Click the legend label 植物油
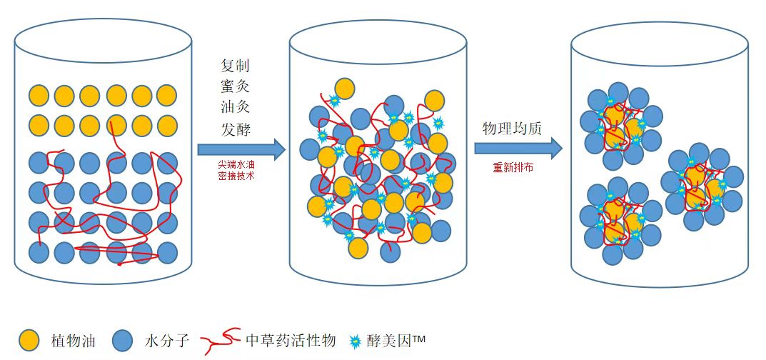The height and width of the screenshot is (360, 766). pos(73,340)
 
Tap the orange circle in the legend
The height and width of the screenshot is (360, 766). pos(29,340)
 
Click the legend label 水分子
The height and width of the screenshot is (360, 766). pos(166,340)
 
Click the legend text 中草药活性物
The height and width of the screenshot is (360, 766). pos(291,339)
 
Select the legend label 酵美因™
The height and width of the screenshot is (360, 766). pos(396,340)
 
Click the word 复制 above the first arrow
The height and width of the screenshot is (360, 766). pos(235,66)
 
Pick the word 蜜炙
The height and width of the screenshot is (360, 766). pos(235,86)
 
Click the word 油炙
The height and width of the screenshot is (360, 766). pos(235,107)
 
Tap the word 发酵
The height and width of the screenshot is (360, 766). pos(235,129)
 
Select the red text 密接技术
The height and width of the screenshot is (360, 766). pos(236,176)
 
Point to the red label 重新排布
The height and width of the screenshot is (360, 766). pos(513,167)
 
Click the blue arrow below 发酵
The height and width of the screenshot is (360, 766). pos(241,149)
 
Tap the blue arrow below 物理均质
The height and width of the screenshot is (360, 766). pos(518,148)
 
